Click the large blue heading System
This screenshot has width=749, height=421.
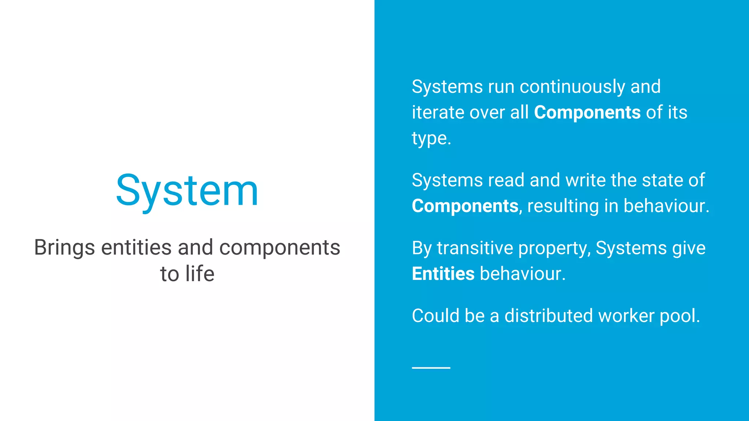tap(187, 191)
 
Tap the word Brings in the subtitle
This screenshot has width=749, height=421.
tap(64, 248)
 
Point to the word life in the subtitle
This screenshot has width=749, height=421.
tap(200, 274)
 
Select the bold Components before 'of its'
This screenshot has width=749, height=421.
tap(587, 112)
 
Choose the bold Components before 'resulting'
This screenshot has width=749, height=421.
tap(465, 206)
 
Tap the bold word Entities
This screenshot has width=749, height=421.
tap(443, 274)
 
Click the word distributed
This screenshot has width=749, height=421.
tap(548, 316)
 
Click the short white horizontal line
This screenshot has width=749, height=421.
tap(431, 368)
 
